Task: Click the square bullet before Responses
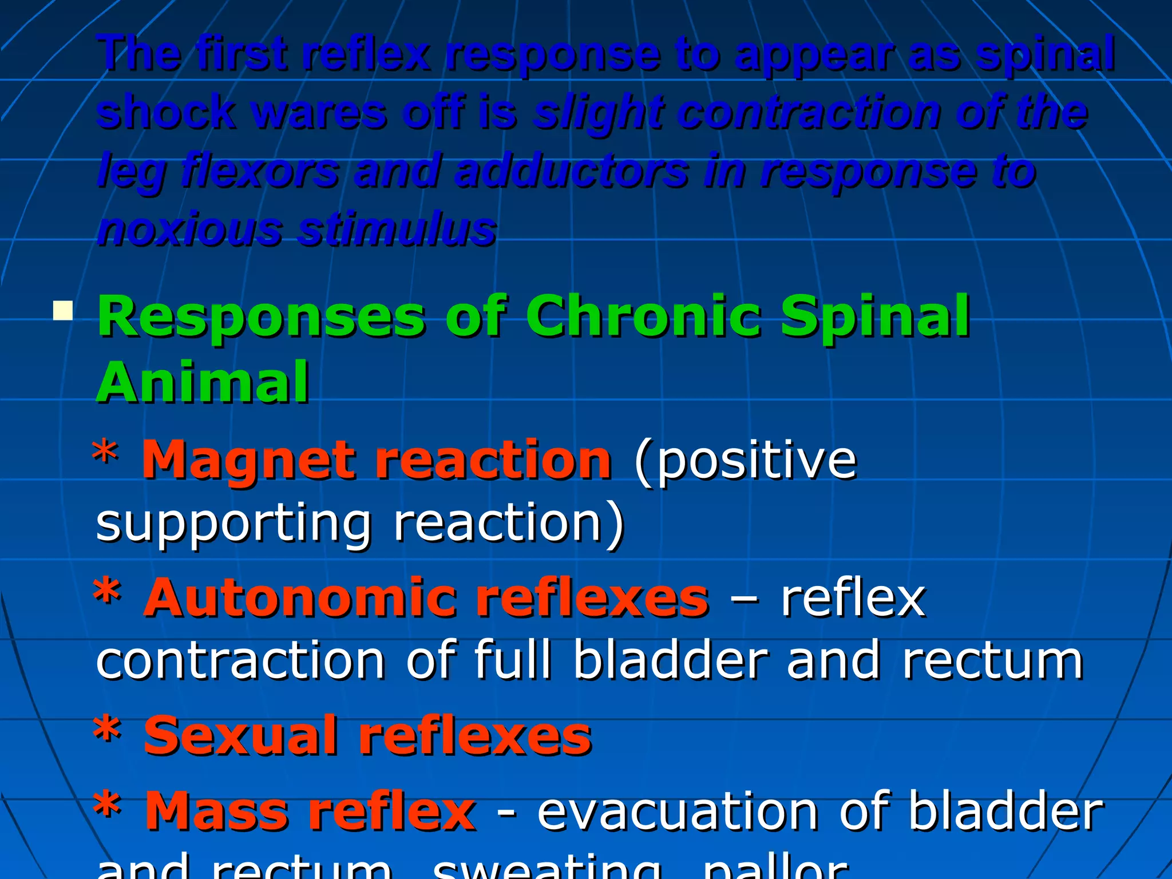[x=62, y=311]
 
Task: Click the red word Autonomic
[x=300, y=598]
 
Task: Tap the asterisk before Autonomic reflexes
[x=107, y=592]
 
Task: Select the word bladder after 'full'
[x=670, y=660]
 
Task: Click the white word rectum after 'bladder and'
[x=993, y=662]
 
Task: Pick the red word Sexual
[x=240, y=736]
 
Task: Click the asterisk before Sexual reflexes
[x=107, y=730]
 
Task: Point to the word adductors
[x=572, y=171]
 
